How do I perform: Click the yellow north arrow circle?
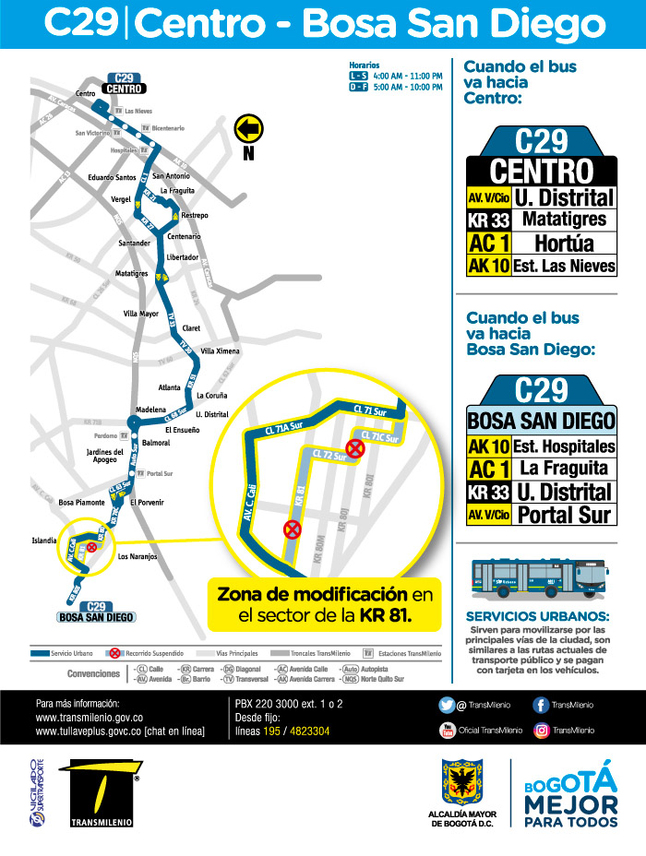(x=249, y=127)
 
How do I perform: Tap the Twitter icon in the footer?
(x=447, y=706)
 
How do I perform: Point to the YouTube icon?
(x=447, y=730)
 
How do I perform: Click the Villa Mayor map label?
(x=141, y=314)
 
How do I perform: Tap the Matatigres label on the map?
(x=132, y=274)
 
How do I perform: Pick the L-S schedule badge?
(x=358, y=75)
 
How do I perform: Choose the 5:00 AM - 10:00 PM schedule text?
(x=409, y=87)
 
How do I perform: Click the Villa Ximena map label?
(x=221, y=351)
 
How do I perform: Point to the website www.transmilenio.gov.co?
(x=89, y=717)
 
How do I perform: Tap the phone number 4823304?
(x=309, y=731)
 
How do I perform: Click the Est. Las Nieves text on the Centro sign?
(x=565, y=267)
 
